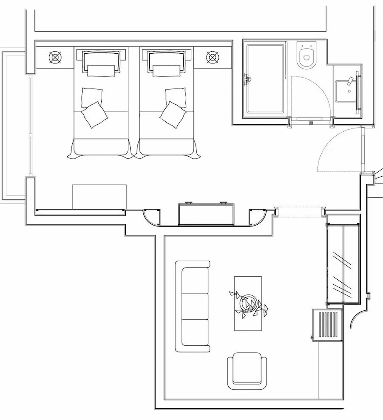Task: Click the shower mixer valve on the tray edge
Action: [x=247, y=78]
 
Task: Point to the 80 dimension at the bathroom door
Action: [x=311, y=123]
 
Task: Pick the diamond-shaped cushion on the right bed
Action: [x=172, y=114]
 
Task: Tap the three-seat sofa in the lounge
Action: [x=193, y=306]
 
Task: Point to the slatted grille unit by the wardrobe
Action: [x=328, y=325]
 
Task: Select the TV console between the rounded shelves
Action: [x=206, y=214]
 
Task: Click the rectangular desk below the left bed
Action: [x=99, y=196]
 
